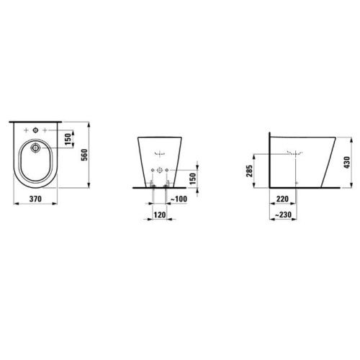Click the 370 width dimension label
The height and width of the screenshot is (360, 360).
coord(35,199)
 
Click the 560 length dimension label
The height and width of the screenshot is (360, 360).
coord(84,155)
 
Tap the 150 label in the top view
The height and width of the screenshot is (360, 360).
coord(68,139)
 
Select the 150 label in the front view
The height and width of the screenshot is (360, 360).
coord(192,179)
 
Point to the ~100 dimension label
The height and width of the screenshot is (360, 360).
coord(179,199)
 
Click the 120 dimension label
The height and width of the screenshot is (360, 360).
coord(160,215)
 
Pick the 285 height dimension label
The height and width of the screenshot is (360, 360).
coord(249,171)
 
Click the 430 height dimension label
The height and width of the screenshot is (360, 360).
coord(347,162)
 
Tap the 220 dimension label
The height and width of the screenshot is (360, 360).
coord(282,199)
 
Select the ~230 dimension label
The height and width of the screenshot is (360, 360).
coord(283,215)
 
